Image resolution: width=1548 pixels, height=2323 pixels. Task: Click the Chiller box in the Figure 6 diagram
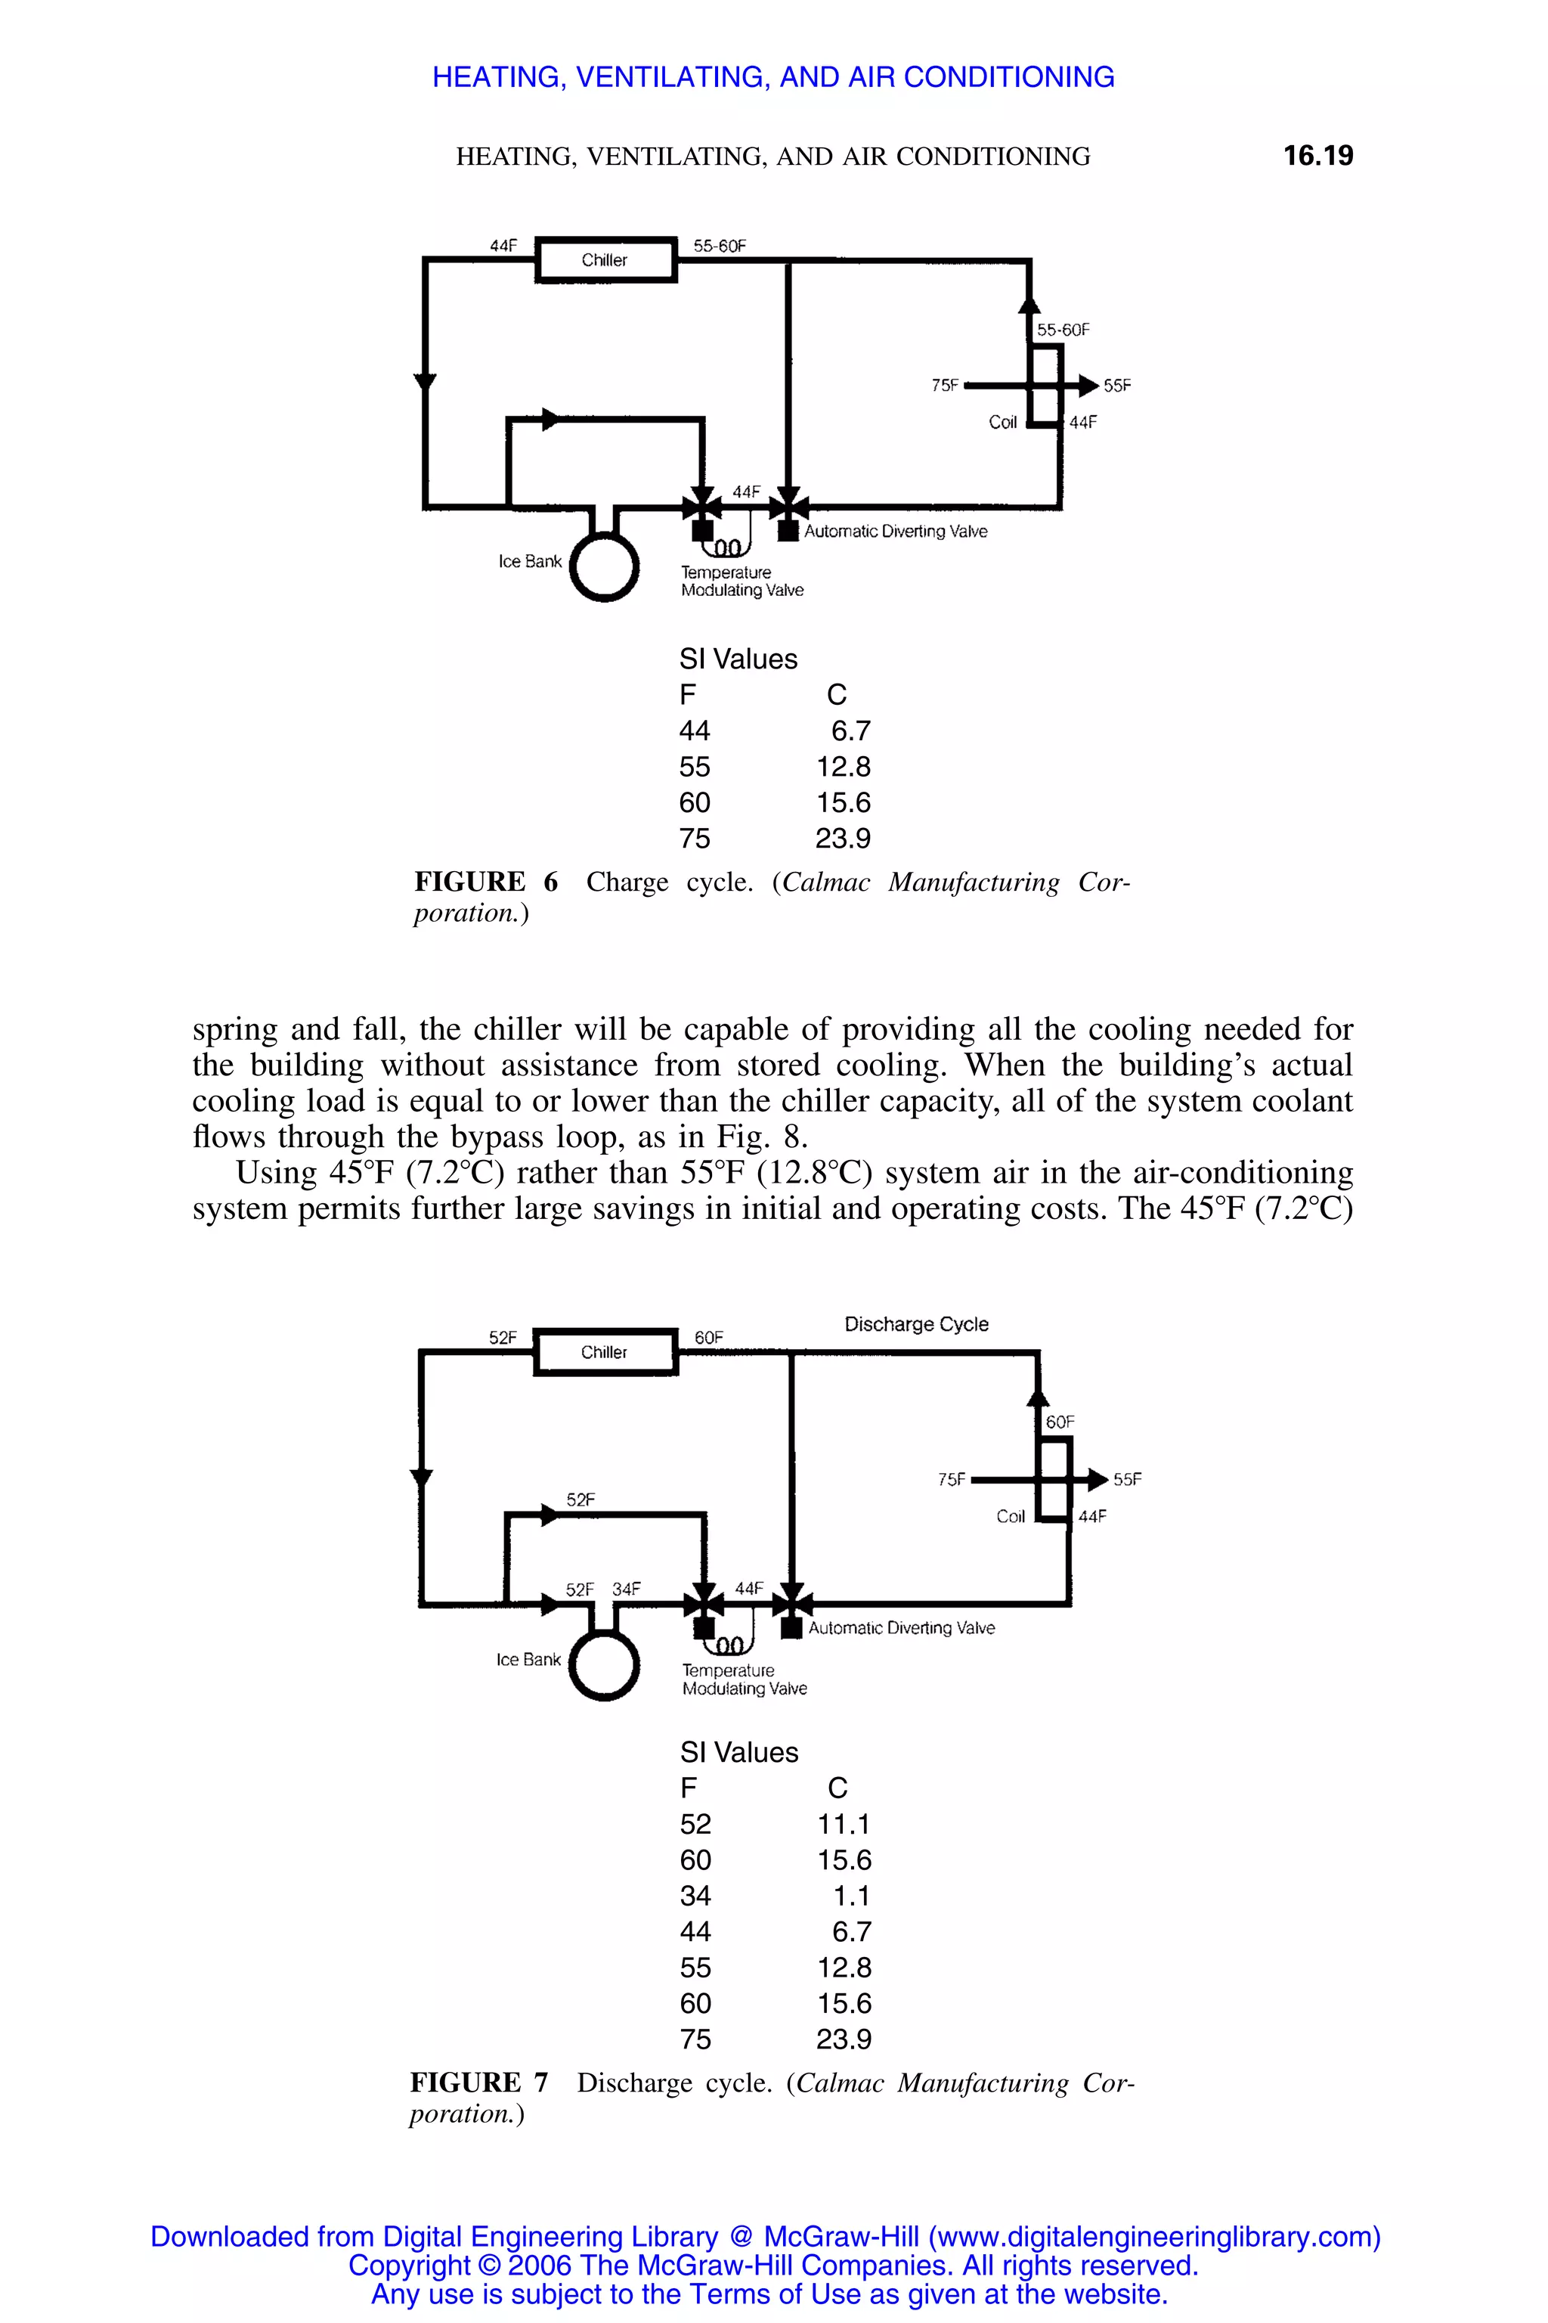605,260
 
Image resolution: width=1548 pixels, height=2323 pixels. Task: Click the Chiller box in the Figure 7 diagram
605,1352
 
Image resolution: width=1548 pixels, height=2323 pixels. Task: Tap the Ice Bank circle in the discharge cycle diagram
604,1664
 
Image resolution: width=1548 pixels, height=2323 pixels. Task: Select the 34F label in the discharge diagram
626,1590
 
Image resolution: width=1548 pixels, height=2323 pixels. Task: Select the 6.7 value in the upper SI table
850,731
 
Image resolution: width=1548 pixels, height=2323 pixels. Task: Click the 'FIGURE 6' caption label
486,882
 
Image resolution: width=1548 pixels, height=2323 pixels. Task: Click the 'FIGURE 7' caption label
478,2083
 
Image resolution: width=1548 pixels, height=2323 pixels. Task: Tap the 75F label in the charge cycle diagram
945,385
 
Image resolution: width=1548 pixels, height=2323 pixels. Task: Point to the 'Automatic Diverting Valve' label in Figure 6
896,532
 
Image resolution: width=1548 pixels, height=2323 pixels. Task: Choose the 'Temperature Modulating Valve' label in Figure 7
744,1679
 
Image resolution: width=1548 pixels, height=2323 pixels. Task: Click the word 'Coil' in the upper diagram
1002,423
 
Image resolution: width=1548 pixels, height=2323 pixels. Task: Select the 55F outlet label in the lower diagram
1128,1480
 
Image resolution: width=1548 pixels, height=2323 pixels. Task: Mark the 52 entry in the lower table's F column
695,1823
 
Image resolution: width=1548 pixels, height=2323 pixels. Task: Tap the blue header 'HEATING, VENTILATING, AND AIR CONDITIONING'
773,77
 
